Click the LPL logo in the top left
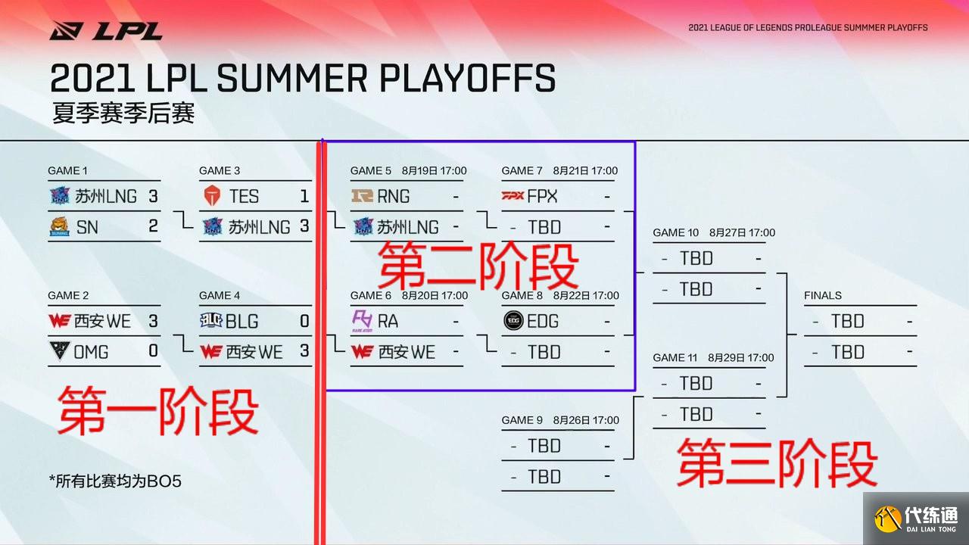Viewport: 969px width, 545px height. [106, 31]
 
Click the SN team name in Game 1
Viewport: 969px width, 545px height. [87, 227]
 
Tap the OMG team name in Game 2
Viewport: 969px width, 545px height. [91, 352]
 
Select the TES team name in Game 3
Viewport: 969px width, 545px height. [244, 197]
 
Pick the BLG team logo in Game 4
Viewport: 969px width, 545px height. [211, 322]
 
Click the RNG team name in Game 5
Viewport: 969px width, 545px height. [394, 197]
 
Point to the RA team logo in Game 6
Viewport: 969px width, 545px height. [362, 322]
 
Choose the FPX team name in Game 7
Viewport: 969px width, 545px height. [542, 197]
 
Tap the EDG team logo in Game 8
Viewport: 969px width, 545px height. [513, 322]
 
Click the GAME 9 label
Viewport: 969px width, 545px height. [522, 420]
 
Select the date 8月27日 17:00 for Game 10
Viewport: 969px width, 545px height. [742, 232]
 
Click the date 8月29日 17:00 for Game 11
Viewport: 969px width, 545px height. [741, 357]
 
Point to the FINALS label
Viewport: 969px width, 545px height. [823, 295]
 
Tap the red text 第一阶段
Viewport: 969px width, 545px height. [158, 411]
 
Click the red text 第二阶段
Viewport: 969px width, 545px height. [478, 265]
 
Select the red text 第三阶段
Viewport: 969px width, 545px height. [777, 462]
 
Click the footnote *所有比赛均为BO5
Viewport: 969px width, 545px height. [115, 481]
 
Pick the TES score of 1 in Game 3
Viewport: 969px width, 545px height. [304, 197]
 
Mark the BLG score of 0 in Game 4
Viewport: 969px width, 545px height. [304, 322]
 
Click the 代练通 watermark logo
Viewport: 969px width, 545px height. [916, 519]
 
